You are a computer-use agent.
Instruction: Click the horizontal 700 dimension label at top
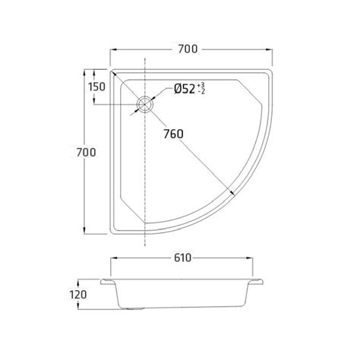coord(188,49)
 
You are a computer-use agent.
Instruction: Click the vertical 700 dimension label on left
coord(86,153)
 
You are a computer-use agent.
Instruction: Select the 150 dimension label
coord(96,87)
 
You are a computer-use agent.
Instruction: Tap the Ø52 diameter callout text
coord(185,89)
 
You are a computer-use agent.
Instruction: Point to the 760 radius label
coord(173,134)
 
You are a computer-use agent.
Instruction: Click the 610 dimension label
coord(182,258)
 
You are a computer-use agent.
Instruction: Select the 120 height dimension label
coord(78,295)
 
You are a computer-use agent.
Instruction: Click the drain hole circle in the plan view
coord(145,104)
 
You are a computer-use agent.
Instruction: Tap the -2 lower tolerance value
coord(202,92)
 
